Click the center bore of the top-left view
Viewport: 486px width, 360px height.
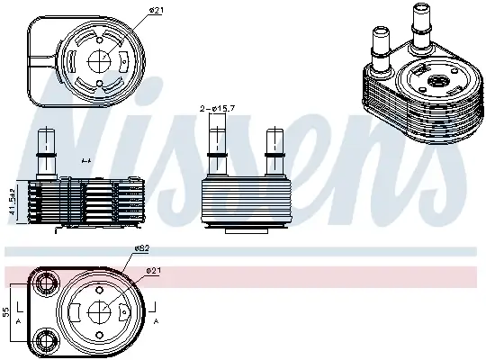[101, 56]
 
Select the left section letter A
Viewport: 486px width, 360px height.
[19, 322]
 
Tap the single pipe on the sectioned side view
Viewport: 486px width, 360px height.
[44, 153]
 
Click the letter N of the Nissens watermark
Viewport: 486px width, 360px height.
[63, 126]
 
